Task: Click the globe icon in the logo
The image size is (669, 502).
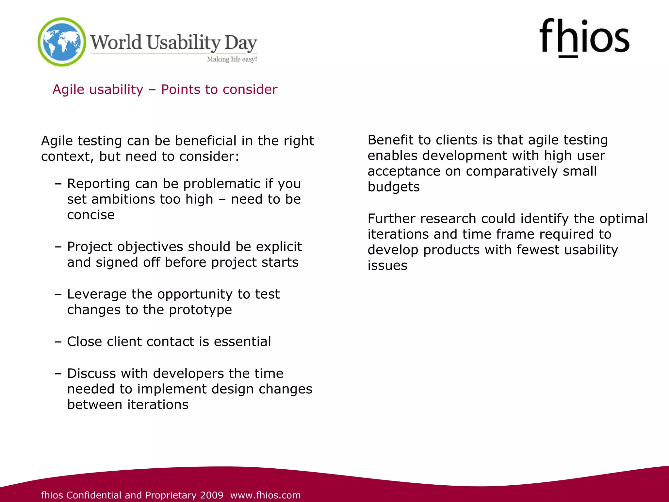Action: (62, 42)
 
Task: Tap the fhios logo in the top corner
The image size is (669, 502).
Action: (584, 38)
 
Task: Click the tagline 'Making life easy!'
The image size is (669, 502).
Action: (232, 59)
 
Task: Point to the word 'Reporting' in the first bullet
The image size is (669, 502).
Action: (98, 184)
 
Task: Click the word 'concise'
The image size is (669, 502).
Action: (91, 215)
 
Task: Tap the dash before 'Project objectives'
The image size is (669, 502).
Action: (58, 246)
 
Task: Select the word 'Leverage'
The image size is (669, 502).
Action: (97, 294)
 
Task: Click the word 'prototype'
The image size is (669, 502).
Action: (200, 310)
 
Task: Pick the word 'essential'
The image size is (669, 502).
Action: (242, 342)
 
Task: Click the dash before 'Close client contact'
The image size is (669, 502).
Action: (58, 342)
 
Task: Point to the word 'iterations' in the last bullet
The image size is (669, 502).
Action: (158, 405)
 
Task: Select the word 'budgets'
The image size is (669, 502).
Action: (394, 187)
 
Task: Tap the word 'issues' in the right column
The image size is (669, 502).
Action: (387, 266)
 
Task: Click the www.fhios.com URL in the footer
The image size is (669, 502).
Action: (265, 495)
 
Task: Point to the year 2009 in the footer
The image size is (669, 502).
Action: (212, 495)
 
